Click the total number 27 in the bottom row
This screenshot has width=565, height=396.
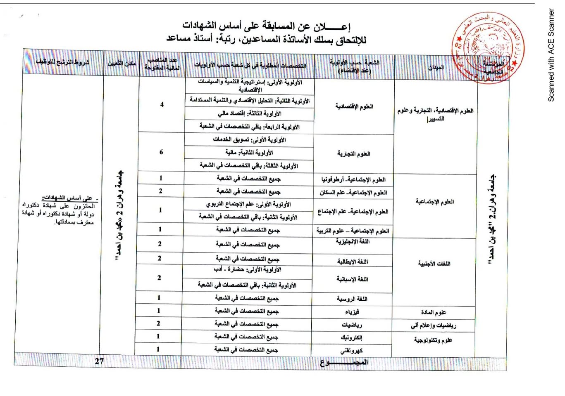click(x=99, y=361)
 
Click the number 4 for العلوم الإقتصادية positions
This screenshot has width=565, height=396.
click(x=162, y=104)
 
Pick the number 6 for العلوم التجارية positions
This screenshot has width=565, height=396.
click(x=161, y=152)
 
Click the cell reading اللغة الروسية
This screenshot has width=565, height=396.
click(x=352, y=299)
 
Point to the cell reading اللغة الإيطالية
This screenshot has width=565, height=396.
click(x=353, y=262)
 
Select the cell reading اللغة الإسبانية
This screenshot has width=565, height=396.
click(x=352, y=279)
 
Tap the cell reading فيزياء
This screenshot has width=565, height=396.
click(x=352, y=312)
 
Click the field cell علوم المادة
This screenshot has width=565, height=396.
click(x=434, y=312)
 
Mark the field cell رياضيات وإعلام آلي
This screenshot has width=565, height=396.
click(x=434, y=325)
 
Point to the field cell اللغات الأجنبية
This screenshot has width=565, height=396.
click(x=434, y=264)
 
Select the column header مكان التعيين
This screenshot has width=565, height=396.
click(x=122, y=63)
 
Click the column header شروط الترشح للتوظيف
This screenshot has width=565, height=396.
click(x=62, y=62)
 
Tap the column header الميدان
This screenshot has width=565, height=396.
click(x=436, y=67)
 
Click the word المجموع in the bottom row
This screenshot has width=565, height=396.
click(x=344, y=363)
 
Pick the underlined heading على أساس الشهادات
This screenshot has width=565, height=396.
click(x=69, y=197)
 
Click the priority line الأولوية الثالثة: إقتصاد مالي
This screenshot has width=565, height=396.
click(x=250, y=113)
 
